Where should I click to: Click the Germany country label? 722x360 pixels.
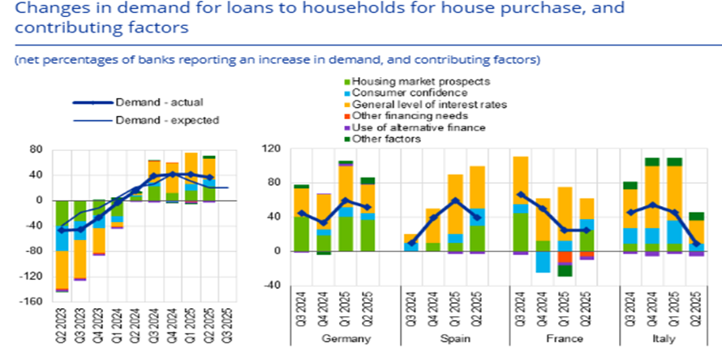(x=346, y=339)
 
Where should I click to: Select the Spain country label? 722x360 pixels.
(x=454, y=339)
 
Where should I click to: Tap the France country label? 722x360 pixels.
(x=563, y=339)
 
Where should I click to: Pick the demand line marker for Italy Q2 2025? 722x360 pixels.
(x=696, y=244)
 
